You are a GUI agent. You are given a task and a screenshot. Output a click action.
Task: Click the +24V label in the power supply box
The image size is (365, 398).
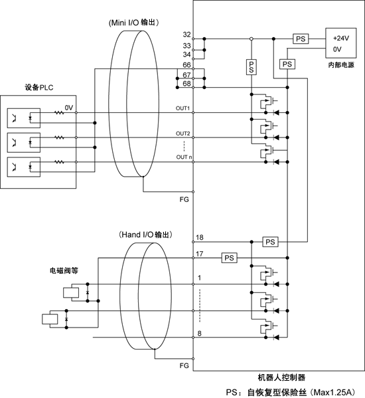coord(341,38)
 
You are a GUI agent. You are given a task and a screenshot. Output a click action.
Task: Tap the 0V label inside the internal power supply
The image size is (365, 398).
coord(337,49)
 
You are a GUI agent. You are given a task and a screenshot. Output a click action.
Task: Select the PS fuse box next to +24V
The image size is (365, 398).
coord(301,39)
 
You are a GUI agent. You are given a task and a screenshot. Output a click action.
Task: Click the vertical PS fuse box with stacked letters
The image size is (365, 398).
coord(252,67)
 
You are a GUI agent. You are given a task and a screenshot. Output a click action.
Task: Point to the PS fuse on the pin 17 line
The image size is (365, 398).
coord(229,258)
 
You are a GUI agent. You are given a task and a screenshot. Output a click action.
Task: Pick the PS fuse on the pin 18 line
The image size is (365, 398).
coord(270,242)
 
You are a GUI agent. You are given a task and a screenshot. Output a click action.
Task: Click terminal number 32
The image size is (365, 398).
coord(186,35)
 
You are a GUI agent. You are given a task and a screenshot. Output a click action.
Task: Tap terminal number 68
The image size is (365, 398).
coord(186,84)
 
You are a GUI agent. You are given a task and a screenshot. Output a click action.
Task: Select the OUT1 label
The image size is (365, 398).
coord(183,108)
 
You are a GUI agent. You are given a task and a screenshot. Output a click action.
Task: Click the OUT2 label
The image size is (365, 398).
coord(183,134)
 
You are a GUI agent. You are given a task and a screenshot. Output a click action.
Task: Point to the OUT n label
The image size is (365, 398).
coord(184,157)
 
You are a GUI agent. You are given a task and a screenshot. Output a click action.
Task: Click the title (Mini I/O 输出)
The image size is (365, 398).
coord(134,23)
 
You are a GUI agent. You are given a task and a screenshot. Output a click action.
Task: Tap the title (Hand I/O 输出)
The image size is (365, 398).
coord(145,235)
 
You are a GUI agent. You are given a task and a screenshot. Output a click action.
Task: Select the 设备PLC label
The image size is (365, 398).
coord(39,88)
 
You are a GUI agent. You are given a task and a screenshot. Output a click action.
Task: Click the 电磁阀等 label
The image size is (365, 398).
coord(64,270)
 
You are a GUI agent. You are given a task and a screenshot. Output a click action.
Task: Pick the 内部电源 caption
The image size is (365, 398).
coord(341,65)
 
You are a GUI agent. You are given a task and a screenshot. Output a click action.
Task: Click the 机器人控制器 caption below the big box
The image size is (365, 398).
coord(281,377)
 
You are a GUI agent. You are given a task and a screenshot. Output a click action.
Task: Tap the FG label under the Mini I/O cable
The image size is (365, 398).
coord(184,199)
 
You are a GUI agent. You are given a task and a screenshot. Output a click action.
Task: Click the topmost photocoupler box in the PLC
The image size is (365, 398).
coord(24,118)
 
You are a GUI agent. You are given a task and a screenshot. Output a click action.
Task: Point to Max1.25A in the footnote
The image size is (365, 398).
coord(334,393)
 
